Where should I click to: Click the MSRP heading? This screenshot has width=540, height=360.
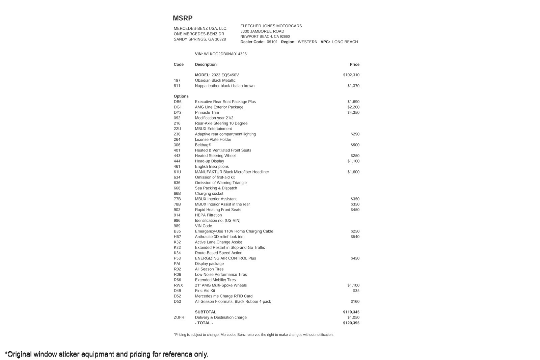[x=183, y=18]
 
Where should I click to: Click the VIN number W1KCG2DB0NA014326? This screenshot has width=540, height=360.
[x=225, y=54]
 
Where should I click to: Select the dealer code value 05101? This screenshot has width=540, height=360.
[x=272, y=42]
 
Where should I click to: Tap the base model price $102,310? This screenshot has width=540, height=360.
[x=351, y=75]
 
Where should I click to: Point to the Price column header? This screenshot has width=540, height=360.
[x=354, y=64]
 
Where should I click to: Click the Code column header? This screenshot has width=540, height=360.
[x=179, y=64]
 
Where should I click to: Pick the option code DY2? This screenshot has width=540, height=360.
[x=178, y=113]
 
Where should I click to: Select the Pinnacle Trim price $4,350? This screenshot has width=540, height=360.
[x=353, y=113]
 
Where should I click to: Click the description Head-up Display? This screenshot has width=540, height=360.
[x=209, y=161]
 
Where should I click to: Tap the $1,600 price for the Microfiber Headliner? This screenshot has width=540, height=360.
[x=353, y=172]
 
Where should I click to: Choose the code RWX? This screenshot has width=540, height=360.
[x=178, y=285]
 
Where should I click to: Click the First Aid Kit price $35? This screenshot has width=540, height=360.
[x=356, y=291]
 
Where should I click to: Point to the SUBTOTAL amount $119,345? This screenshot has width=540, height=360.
[x=351, y=312]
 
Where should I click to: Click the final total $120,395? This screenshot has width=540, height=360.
[x=351, y=323]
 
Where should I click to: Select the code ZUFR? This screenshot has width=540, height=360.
[x=179, y=317]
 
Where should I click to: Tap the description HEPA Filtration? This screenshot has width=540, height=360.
[x=208, y=215]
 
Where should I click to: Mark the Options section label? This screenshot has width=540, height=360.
[x=181, y=96]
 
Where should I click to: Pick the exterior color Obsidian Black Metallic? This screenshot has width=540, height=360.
[x=215, y=80]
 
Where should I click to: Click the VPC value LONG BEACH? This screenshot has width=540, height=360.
[x=345, y=42]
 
